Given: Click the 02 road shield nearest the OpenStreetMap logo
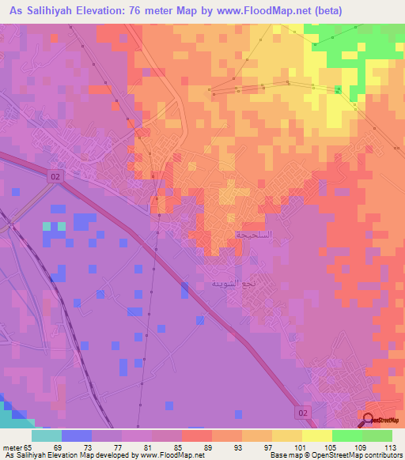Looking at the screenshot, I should coord(306,413).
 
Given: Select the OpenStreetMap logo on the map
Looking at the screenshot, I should coord(379,419).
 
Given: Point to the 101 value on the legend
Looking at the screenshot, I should coord(298,447).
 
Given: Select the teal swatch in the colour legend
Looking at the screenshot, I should coord(47,435).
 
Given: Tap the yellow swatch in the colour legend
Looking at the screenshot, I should coord(316,435).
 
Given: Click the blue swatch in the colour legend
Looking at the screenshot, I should coord(77,435).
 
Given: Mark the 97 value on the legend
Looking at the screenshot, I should coord(270,447).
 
